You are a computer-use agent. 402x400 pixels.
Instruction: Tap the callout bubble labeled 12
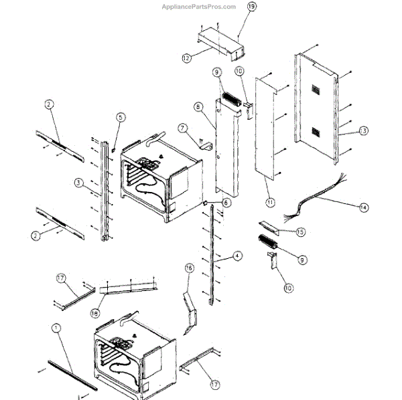coord(186,59)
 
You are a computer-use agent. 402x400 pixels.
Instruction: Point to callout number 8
coord(198,107)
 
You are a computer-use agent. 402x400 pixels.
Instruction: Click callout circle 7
coord(181,127)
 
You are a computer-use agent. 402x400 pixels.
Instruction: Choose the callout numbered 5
coord(121,118)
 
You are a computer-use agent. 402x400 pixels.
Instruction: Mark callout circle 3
coord(78,182)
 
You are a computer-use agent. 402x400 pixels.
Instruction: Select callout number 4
coord(237,256)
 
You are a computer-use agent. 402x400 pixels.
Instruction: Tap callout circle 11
coord(269,202)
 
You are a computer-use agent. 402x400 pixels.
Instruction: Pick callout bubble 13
coord(363,130)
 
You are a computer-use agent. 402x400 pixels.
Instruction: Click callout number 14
coord(363,208)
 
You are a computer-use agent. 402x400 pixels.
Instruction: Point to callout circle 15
coord(301,231)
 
